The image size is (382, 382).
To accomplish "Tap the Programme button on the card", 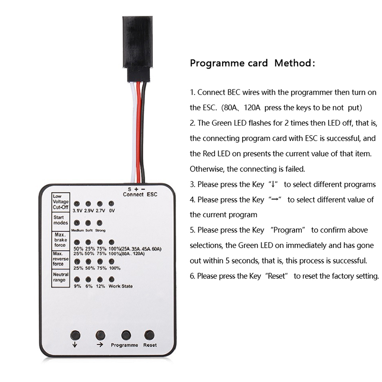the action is click(126, 335).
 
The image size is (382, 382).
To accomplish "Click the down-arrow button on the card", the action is click(75, 335).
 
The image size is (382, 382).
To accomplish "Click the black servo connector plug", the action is click(138, 42).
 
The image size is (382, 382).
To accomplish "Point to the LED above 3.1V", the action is click(77, 204).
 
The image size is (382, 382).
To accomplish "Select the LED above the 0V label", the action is click(111, 204).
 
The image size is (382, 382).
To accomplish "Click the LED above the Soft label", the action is click(88, 223).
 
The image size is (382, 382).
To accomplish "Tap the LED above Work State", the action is click(111, 279).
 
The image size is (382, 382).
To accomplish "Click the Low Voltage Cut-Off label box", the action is click(61, 202).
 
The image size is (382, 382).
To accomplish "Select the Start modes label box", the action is click(61, 222).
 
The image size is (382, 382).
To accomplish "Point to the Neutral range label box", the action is click(61, 278).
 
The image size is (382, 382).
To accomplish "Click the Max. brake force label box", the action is click(61, 241).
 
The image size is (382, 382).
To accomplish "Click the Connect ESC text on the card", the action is click(140, 194).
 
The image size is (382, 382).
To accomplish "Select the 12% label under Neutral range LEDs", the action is click(100, 286).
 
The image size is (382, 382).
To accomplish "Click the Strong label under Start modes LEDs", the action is click(100, 231).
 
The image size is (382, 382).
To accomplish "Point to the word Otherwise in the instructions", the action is click(207, 169).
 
